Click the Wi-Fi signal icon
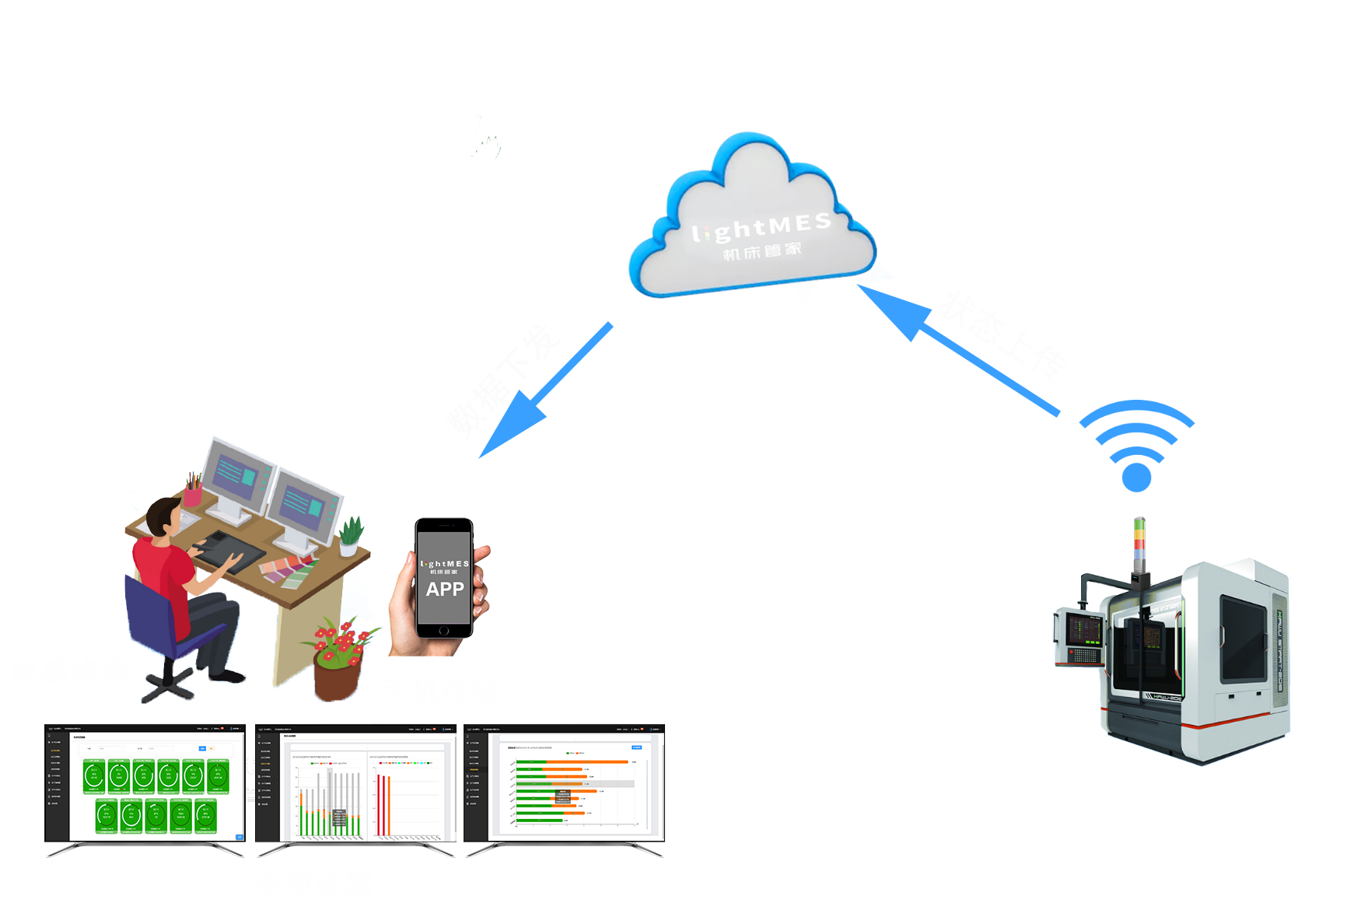coord(1136,447)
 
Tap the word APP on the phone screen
coord(445,590)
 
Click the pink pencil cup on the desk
coord(193,492)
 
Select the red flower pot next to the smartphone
coord(338,674)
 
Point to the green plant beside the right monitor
coord(351,535)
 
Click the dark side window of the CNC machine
coord(1242,638)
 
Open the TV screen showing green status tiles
coord(145,786)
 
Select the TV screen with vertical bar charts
coord(356,786)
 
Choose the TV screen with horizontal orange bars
coord(565,786)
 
